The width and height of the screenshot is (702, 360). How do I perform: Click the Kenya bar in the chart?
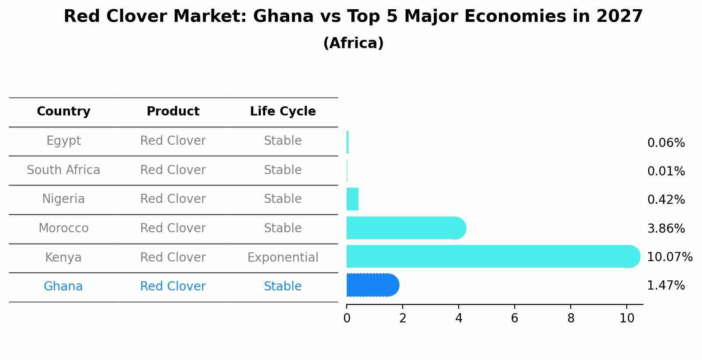pos(490,256)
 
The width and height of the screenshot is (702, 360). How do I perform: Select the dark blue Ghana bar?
pos(372,285)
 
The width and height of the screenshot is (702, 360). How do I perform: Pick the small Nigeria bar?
pos(352,199)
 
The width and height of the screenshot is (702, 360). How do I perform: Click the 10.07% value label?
pos(669,257)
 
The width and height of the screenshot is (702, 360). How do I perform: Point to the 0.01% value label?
pos(666,171)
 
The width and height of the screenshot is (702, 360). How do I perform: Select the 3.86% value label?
pos(666,228)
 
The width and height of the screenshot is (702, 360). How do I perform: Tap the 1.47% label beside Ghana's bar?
pos(666,286)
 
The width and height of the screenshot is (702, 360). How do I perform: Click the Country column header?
pos(63,112)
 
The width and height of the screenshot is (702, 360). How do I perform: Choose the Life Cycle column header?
pos(283,112)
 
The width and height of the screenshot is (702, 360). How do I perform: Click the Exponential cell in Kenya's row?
pos(283,257)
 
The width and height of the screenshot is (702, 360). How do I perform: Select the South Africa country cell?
pos(63,170)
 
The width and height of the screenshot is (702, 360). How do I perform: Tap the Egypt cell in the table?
pos(63,141)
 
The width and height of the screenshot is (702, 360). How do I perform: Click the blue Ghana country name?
pos(63,286)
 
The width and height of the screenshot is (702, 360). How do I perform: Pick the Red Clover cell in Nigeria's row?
pos(173,199)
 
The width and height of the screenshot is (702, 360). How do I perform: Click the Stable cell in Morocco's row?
pos(283,228)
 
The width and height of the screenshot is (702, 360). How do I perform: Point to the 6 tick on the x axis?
pos(515,318)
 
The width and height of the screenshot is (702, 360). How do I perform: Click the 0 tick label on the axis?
pos(347,318)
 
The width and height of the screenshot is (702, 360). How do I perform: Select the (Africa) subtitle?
pos(353,43)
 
